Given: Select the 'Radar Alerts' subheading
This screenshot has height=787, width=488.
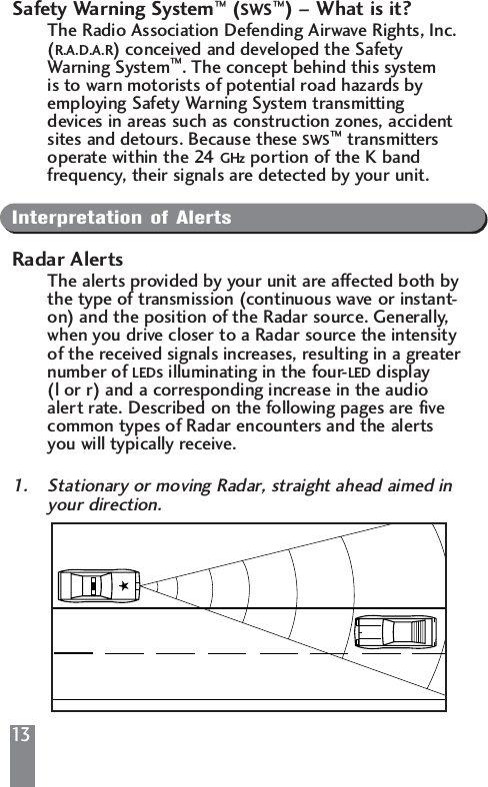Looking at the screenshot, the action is point(68,261).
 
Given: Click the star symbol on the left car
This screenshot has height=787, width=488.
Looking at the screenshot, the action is point(123,586).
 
